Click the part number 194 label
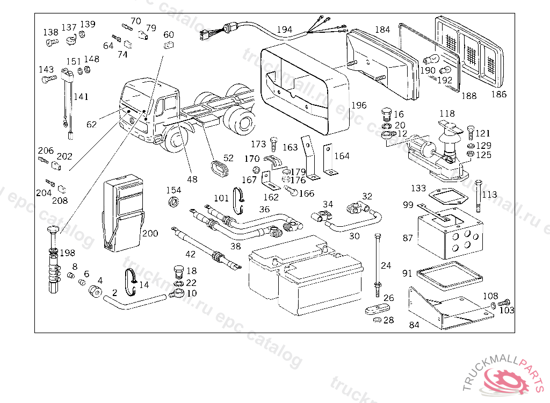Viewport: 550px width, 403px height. (x=285, y=30)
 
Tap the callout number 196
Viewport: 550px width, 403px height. (x=359, y=105)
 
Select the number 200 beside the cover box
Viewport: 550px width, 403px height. (x=150, y=233)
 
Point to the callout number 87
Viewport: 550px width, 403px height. (x=408, y=238)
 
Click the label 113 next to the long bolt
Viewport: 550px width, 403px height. (x=490, y=195)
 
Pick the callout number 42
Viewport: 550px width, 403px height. (x=191, y=254)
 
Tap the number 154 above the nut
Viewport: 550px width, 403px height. (x=173, y=190)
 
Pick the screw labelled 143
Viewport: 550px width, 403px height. (x=49, y=79)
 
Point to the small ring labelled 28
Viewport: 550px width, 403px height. (x=378, y=320)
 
